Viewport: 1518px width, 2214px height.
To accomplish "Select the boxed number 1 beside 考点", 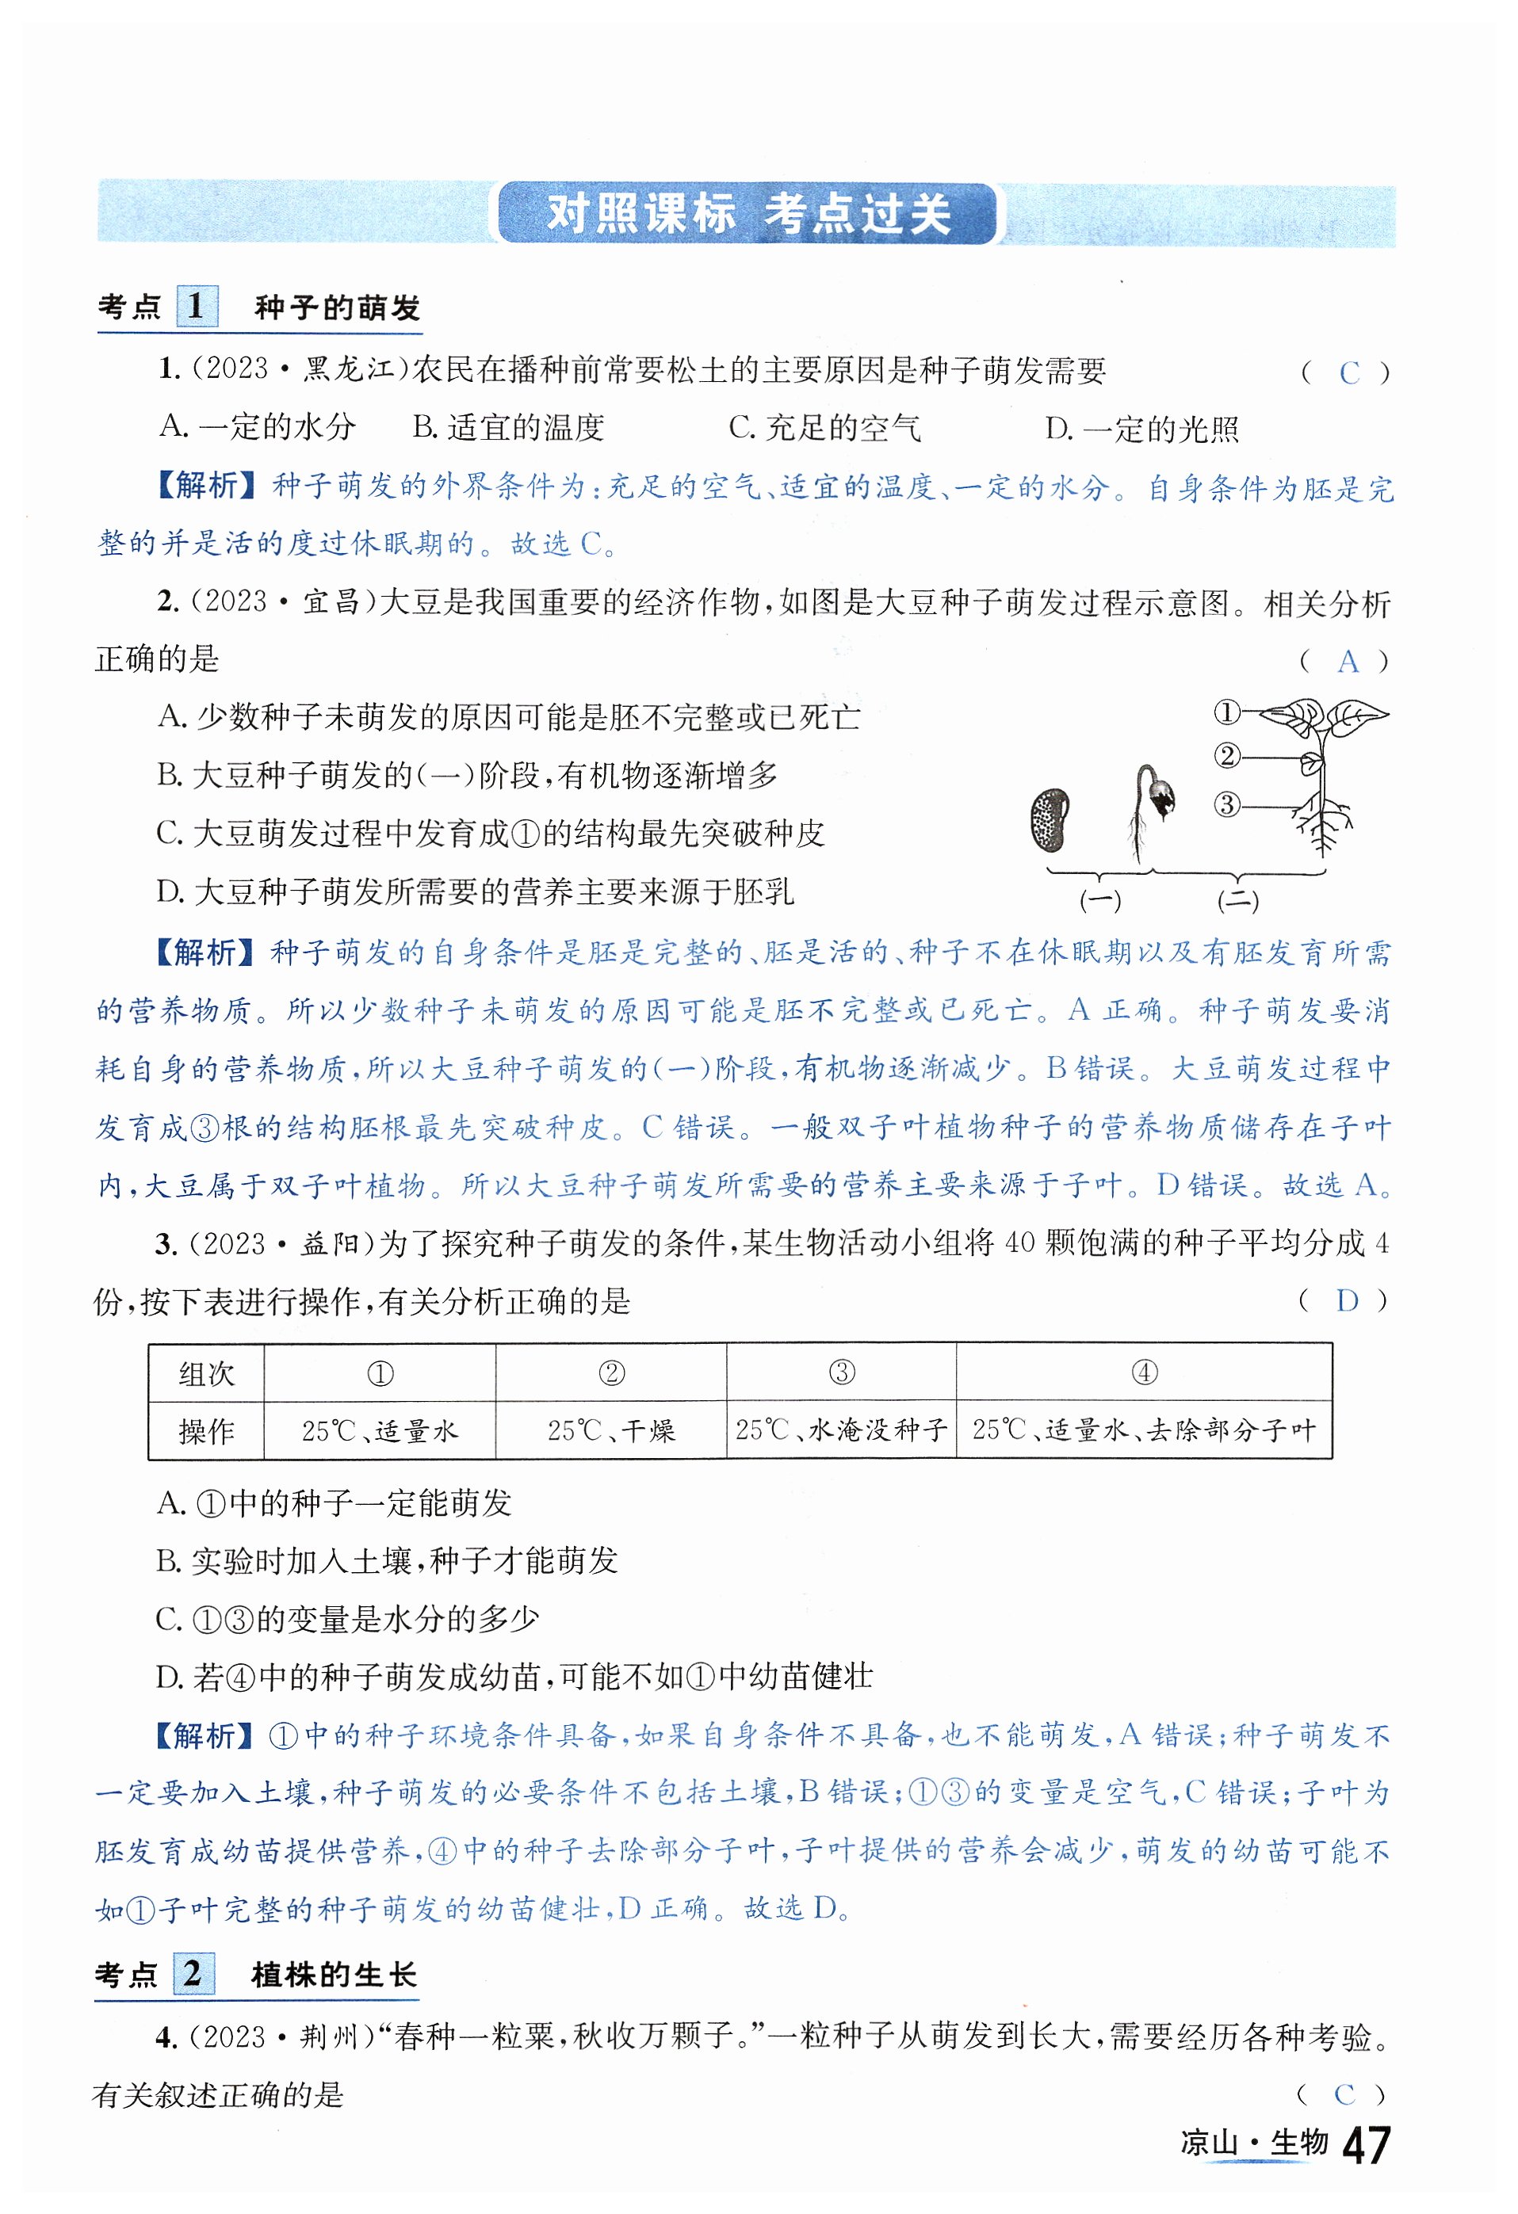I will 197,306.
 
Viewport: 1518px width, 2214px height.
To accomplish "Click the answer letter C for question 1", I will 1348,373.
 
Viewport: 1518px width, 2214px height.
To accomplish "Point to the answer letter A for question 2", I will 1348,661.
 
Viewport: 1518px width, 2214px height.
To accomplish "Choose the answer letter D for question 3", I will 1347,1300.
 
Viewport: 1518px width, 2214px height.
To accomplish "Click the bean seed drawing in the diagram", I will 1050,820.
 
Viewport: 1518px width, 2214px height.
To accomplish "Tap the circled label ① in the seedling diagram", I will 1227,712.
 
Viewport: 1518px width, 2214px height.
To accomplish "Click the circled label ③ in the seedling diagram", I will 1227,804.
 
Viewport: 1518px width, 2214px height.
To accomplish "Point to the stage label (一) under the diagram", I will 1099,900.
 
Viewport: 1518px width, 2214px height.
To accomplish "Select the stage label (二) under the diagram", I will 1238,900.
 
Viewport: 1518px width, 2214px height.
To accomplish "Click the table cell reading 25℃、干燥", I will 611,1430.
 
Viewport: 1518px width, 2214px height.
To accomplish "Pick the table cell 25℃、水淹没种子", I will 841,1430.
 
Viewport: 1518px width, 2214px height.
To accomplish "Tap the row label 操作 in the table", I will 207,1431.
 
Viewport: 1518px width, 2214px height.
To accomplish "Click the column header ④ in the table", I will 1145,1372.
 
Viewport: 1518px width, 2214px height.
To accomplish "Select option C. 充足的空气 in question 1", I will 824,429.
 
